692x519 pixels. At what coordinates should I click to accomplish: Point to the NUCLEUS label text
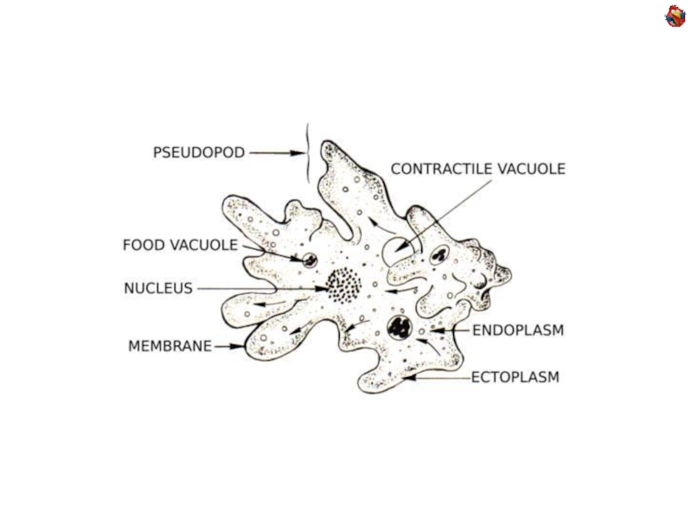click(x=158, y=288)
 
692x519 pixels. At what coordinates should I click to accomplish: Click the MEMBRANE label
click(x=170, y=346)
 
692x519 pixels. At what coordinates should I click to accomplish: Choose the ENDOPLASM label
click(x=518, y=330)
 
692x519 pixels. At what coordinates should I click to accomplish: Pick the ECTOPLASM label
click(x=516, y=377)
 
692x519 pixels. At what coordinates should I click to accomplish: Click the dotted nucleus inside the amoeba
click(x=343, y=284)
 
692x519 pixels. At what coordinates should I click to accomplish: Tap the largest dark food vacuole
click(x=400, y=327)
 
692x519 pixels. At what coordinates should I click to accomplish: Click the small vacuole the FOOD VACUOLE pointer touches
click(x=308, y=259)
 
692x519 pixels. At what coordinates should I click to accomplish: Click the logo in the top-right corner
click(x=675, y=16)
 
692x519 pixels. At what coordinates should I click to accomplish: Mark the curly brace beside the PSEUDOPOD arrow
click(x=306, y=153)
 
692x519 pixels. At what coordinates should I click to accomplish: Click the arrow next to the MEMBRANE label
click(x=229, y=346)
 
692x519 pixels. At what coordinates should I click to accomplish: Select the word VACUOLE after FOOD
click(x=202, y=245)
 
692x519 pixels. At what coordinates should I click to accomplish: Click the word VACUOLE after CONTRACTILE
click(x=529, y=170)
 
